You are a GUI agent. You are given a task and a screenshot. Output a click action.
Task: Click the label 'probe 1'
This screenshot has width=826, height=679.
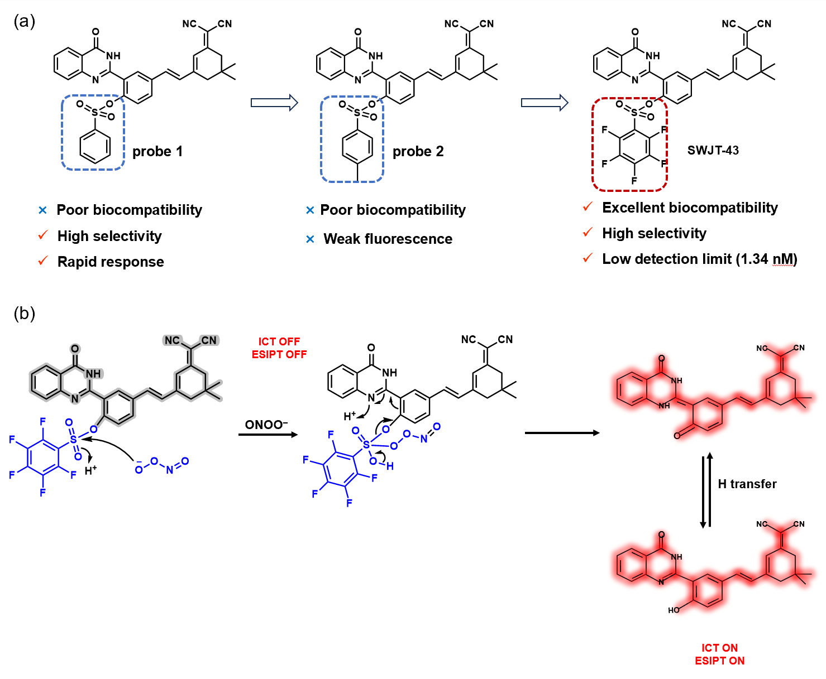click(157, 152)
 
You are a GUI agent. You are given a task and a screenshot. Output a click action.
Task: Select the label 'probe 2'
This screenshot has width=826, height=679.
click(418, 152)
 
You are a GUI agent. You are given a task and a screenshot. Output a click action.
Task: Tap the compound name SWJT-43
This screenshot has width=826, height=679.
click(713, 151)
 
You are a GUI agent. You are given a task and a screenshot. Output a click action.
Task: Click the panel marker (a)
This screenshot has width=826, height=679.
click(24, 21)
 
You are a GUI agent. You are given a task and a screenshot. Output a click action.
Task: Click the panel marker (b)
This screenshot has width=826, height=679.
click(24, 313)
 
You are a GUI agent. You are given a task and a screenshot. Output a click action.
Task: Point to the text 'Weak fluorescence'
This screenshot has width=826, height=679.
click(388, 239)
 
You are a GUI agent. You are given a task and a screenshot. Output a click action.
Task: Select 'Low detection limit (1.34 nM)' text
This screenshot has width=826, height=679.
click(699, 259)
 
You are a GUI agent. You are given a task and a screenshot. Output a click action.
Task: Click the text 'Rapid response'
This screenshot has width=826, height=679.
click(111, 262)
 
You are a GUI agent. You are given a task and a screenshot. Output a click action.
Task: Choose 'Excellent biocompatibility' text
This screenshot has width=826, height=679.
click(690, 208)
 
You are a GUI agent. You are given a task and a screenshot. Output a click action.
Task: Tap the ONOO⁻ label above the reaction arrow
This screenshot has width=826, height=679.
click(266, 425)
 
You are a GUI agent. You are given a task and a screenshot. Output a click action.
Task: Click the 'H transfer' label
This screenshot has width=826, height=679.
click(747, 484)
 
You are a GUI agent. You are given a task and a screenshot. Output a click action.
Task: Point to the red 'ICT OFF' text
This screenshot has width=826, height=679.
click(279, 341)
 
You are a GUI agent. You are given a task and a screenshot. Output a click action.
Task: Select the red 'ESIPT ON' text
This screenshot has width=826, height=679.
click(719, 661)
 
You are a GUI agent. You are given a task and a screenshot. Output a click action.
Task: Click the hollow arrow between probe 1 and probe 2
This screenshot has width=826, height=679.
click(274, 103)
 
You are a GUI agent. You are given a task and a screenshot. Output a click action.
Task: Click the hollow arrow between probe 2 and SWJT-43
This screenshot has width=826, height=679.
click(544, 103)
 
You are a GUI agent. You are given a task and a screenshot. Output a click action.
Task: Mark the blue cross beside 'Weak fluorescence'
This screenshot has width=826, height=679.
click(311, 239)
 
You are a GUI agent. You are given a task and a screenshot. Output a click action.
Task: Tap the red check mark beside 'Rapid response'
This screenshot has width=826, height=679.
click(43, 261)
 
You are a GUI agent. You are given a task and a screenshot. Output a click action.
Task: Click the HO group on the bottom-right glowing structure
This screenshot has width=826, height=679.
click(674, 610)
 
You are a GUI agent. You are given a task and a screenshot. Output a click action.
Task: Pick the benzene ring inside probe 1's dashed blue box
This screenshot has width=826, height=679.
click(95, 147)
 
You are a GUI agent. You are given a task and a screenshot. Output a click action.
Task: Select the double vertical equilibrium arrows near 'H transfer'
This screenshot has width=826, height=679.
click(706, 491)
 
